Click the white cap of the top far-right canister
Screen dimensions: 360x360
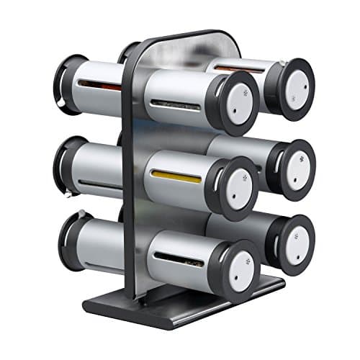click(294, 88)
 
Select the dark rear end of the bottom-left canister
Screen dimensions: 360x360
click(69, 241)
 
